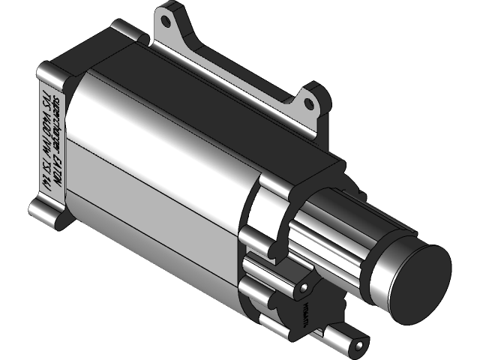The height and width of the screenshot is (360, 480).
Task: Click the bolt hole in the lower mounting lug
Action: click(303, 287)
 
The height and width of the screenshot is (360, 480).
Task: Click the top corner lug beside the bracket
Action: click(126, 31)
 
